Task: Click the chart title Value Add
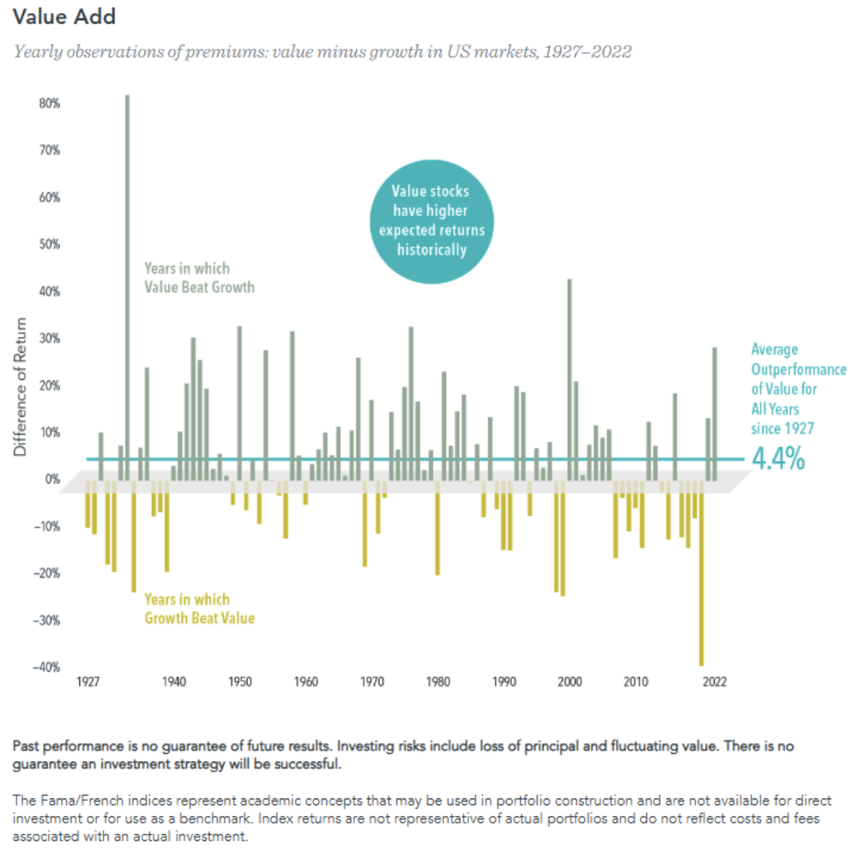click(x=64, y=17)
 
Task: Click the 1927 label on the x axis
click(x=88, y=683)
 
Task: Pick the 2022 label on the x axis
click(x=714, y=683)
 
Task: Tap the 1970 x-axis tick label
click(x=372, y=683)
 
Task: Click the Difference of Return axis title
click(x=21, y=386)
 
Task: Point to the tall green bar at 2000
click(x=569, y=378)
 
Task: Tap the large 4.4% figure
click(x=778, y=459)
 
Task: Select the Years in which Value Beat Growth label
click(x=200, y=278)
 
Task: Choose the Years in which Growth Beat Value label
click(x=200, y=608)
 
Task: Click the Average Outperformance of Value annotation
click(x=798, y=388)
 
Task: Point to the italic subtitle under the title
click(x=322, y=51)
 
